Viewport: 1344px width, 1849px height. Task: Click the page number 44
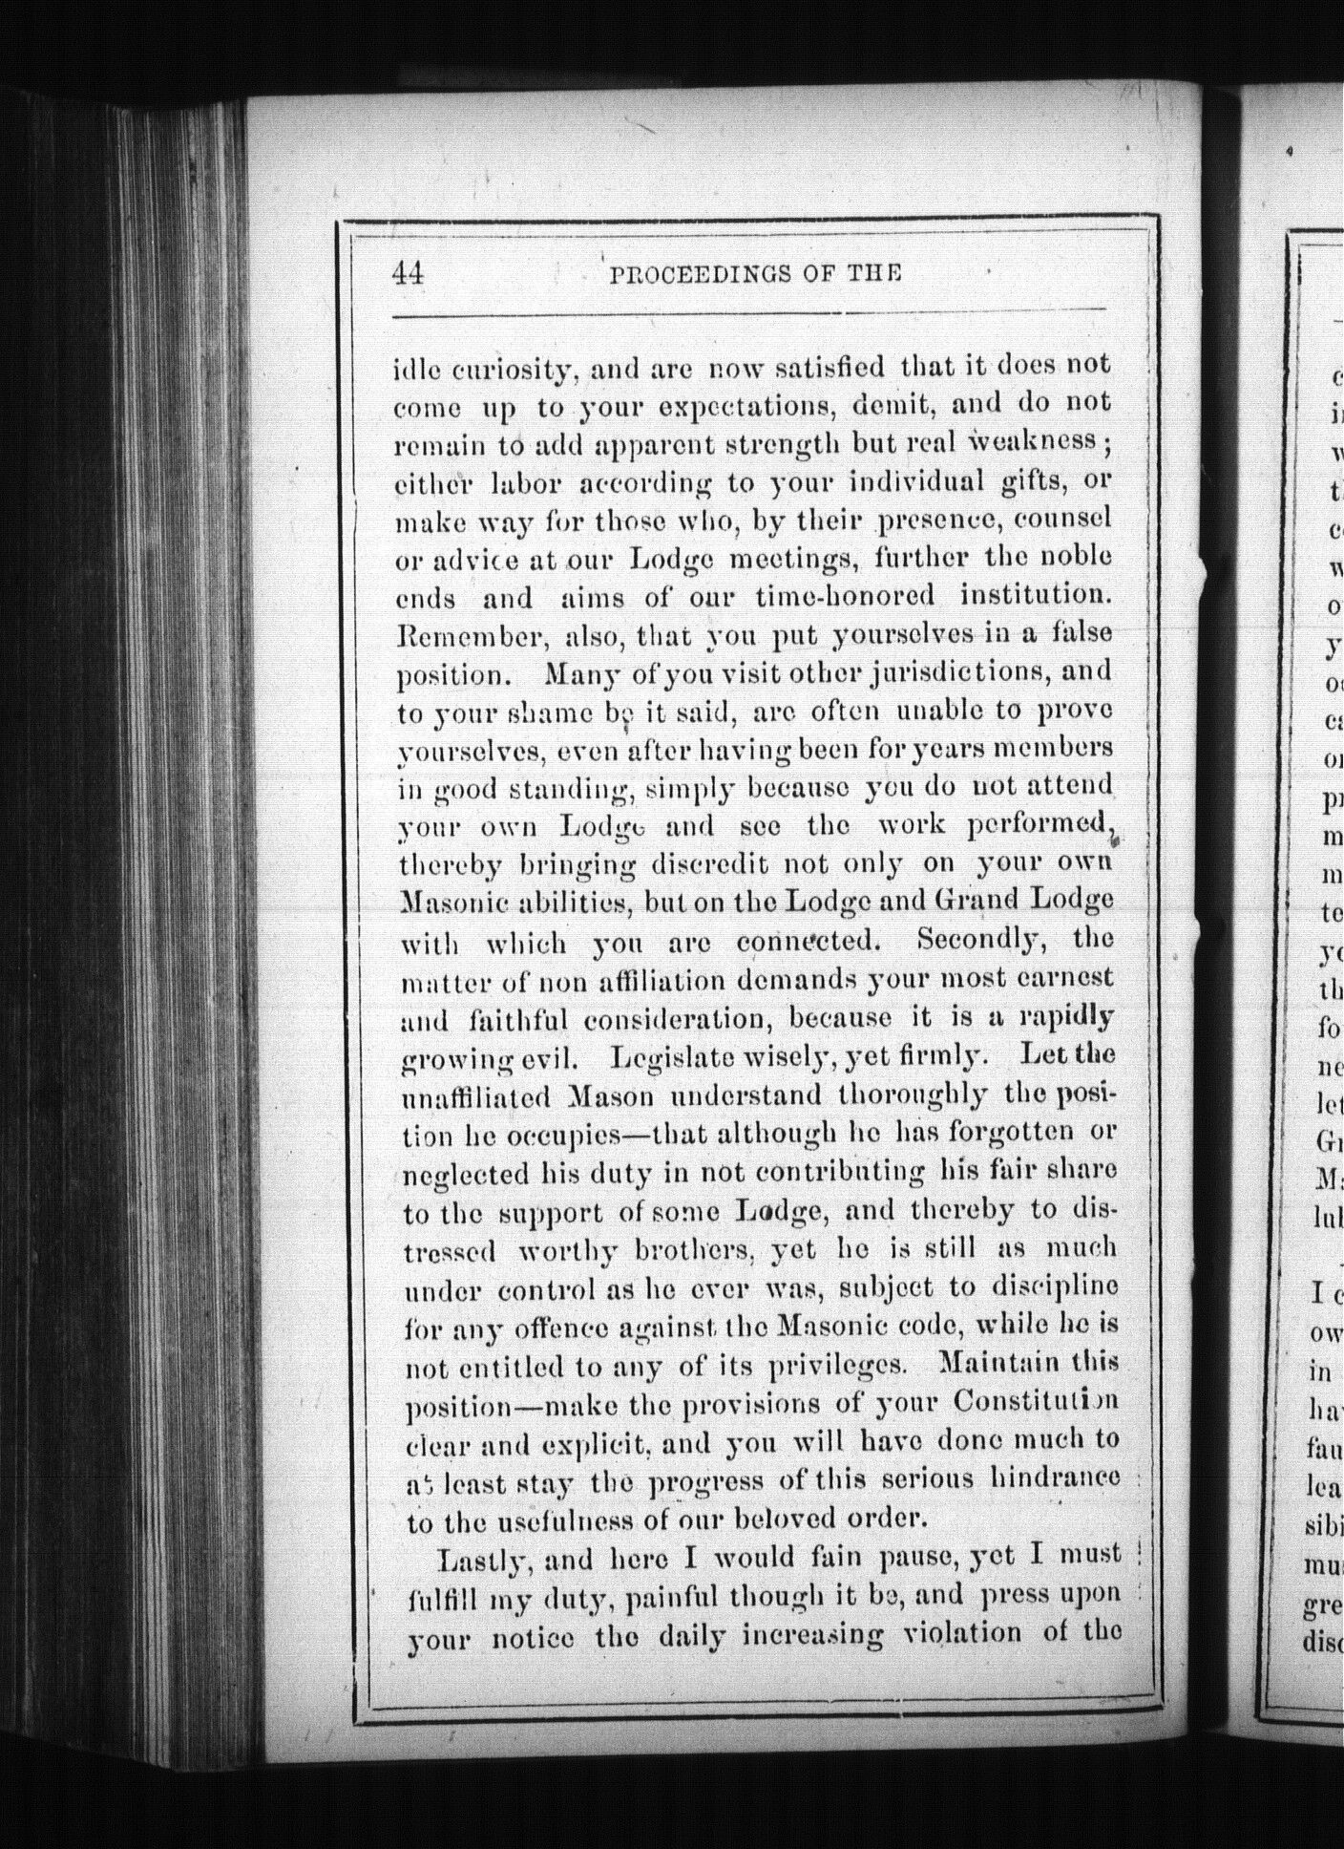(x=407, y=273)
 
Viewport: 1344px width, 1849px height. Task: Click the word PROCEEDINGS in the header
(x=685, y=275)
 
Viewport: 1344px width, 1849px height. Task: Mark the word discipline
(x=1057, y=1287)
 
